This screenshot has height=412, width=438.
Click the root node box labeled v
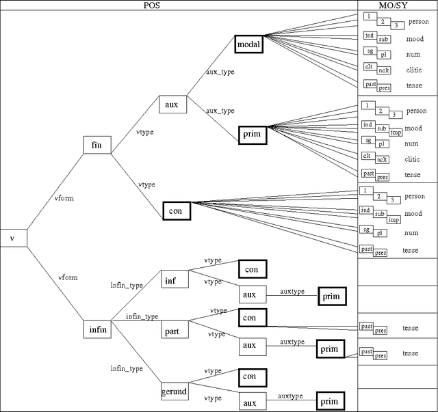tap(13, 237)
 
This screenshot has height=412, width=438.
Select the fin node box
tap(96, 145)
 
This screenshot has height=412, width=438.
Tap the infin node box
tap(97, 329)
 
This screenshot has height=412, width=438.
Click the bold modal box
tap(248, 45)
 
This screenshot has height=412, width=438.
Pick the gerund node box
tap(174, 392)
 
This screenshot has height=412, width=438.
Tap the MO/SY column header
tap(398, 5)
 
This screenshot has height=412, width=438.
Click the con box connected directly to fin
tap(175, 211)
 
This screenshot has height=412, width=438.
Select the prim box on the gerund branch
tap(329, 400)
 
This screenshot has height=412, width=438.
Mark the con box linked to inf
tap(252, 269)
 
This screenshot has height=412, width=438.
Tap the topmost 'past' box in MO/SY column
tap(370, 84)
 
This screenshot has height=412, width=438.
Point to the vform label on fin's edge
tap(64, 198)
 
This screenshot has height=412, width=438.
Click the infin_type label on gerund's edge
tap(127, 368)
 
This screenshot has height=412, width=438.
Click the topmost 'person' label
tap(417, 22)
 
